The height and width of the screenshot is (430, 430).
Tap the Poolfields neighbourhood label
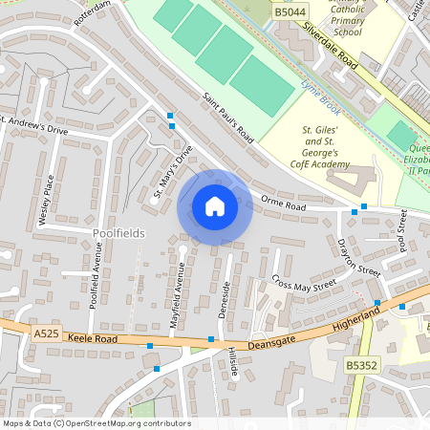[x=118, y=233]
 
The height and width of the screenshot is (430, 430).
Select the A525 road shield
[x=46, y=334]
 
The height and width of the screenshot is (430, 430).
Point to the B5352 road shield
[x=361, y=365]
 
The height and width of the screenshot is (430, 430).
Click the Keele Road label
[x=94, y=338]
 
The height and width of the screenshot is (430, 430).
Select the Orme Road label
[x=283, y=204]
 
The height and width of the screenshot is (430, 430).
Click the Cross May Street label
[x=304, y=283]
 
